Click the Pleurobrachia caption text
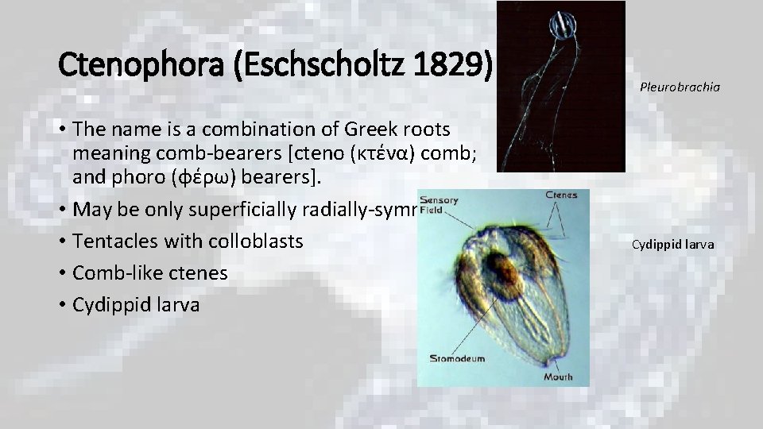680,87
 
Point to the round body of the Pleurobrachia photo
564,25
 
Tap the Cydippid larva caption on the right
672,244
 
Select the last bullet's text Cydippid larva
136,304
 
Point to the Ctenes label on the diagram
561,195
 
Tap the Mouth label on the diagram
558,376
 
